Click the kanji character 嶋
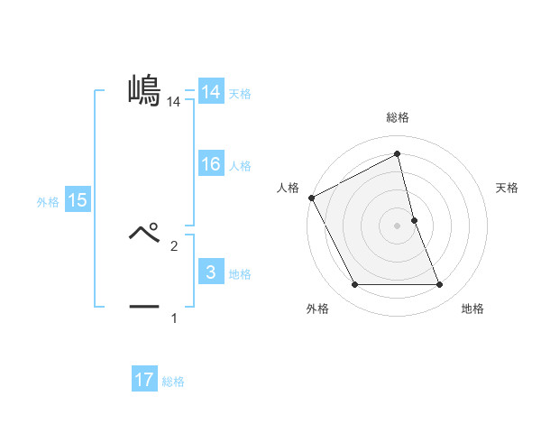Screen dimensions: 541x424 click(144, 90)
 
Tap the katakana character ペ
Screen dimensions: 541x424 click(144, 232)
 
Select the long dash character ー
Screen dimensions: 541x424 click(144, 307)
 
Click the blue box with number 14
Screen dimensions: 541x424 click(211, 92)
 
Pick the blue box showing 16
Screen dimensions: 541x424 click(211, 164)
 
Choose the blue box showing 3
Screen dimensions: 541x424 click(211, 272)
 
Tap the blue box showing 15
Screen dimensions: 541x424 click(78, 200)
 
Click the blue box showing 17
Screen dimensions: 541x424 click(144, 380)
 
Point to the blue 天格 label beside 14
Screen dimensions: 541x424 click(240, 93)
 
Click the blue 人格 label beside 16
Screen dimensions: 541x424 click(240, 165)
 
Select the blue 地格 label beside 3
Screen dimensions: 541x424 click(240, 273)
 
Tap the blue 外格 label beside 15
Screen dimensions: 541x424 click(48, 202)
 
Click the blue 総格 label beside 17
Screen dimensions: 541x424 click(173, 382)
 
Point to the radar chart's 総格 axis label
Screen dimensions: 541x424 click(398, 117)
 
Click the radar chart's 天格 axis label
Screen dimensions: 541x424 click(507, 188)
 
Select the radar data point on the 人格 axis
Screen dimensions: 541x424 click(311, 198)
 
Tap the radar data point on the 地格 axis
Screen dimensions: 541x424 click(440, 285)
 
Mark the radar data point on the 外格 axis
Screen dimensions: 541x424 click(354, 285)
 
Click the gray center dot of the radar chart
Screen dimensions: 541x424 click(398, 226)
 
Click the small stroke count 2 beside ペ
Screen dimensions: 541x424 click(174, 245)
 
